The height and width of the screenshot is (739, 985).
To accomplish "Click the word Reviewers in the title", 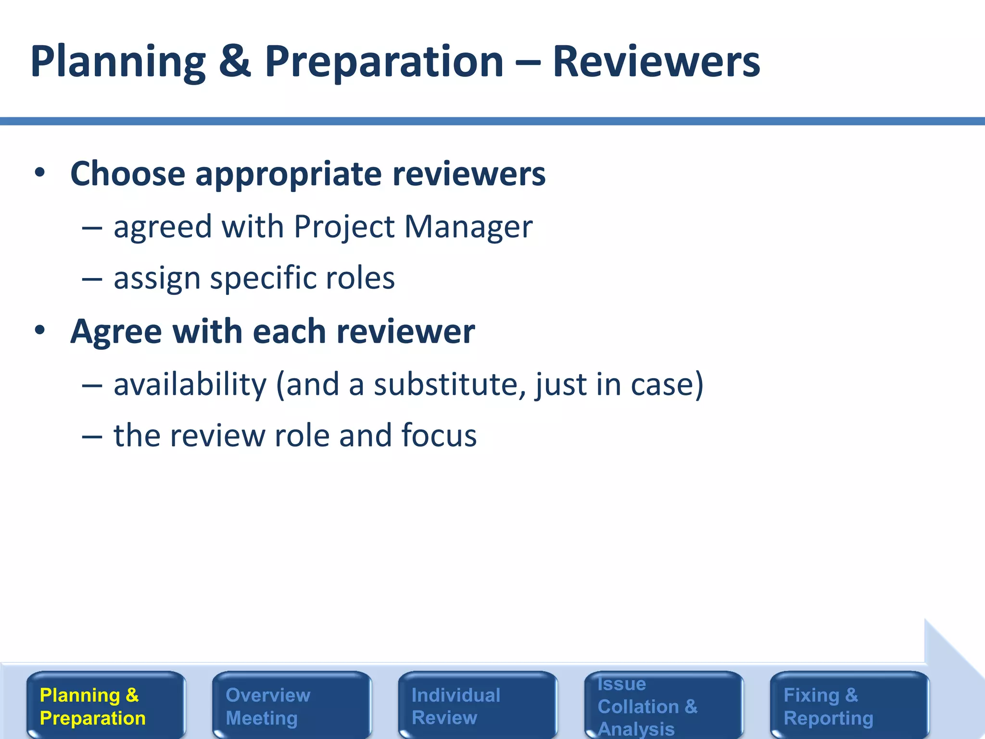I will click(656, 62).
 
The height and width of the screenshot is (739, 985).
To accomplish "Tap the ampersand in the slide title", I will click(235, 62).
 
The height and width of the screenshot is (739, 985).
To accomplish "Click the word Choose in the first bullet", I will click(127, 174).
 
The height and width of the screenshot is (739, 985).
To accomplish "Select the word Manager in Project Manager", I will click(468, 227).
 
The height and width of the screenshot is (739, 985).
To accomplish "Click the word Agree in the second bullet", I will click(116, 332).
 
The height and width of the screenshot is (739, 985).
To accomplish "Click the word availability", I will click(189, 385).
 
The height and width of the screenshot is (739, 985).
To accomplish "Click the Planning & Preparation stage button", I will click(106, 705).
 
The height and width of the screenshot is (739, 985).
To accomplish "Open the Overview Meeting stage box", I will click(291, 705).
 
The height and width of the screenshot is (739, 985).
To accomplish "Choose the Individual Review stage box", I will click(478, 705).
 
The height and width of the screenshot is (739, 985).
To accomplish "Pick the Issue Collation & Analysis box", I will click(664, 705).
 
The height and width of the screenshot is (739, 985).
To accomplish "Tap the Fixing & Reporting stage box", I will click(849, 705).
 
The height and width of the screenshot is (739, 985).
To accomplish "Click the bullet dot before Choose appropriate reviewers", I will click(40, 173).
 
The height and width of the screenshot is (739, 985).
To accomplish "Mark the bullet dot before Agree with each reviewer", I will click(40, 331).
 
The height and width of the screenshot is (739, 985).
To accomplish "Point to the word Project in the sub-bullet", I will click(344, 227).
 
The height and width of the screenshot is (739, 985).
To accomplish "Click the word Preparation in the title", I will click(384, 62).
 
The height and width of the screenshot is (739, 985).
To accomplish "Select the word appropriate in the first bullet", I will click(289, 174).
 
